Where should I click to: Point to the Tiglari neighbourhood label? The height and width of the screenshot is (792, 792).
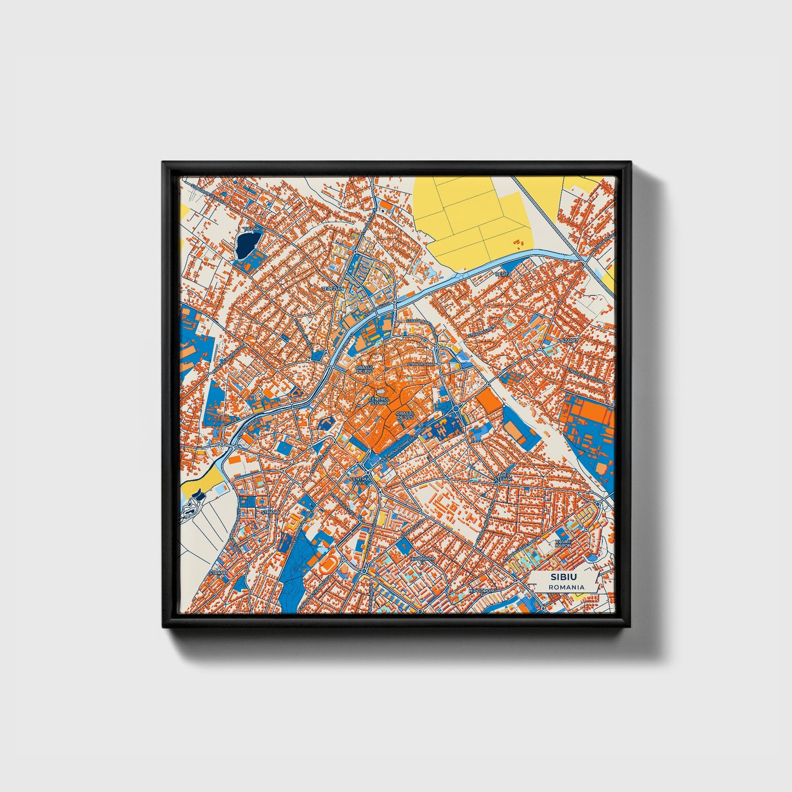[x=253, y=229]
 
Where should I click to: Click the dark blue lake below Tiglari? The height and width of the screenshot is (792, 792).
[x=248, y=244]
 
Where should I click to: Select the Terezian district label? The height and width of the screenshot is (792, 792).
[x=333, y=288]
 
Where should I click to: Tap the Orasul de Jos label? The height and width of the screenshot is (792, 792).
[x=364, y=369]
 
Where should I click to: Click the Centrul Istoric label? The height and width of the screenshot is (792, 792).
[x=379, y=401]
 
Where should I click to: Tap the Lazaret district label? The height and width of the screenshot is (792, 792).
[x=568, y=340]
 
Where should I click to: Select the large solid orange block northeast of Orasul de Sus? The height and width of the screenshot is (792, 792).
[x=488, y=402]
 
